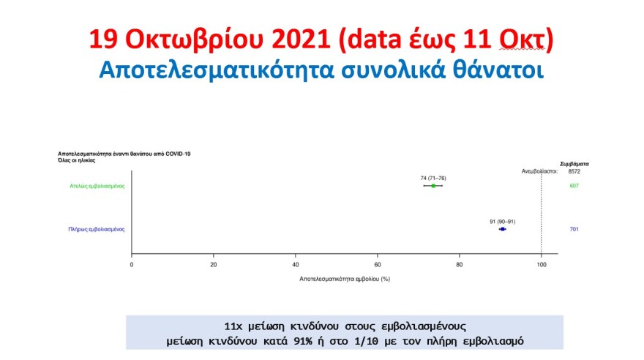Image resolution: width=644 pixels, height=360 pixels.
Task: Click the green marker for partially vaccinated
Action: tap(433, 186)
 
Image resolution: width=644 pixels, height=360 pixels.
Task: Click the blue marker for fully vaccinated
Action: tap(503, 229)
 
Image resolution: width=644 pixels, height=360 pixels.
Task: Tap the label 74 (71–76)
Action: tap(433, 178)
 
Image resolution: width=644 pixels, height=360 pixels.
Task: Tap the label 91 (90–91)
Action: tap(502, 221)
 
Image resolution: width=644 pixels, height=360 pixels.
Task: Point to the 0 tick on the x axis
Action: tap(132, 264)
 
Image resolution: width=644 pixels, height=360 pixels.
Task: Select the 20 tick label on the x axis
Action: tap(214, 264)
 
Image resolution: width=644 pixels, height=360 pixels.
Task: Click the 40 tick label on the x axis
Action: tap(296, 264)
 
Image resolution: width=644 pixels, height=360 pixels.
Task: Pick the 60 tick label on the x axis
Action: tap(378, 264)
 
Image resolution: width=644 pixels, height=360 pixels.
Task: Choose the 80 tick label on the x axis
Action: tap(460, 264)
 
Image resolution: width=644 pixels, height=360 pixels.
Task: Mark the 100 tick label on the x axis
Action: tap(541, 264)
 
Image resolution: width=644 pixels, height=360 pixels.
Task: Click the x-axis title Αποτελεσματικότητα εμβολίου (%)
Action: tap(345, 280)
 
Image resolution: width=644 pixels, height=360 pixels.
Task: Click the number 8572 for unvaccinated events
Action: tap(574, 171)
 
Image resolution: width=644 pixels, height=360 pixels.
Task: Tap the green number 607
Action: tap(574, 186)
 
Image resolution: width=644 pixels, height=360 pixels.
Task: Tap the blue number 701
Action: tap(574, 229)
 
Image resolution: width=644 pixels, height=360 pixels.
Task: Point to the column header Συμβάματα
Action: tap(574, 164)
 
